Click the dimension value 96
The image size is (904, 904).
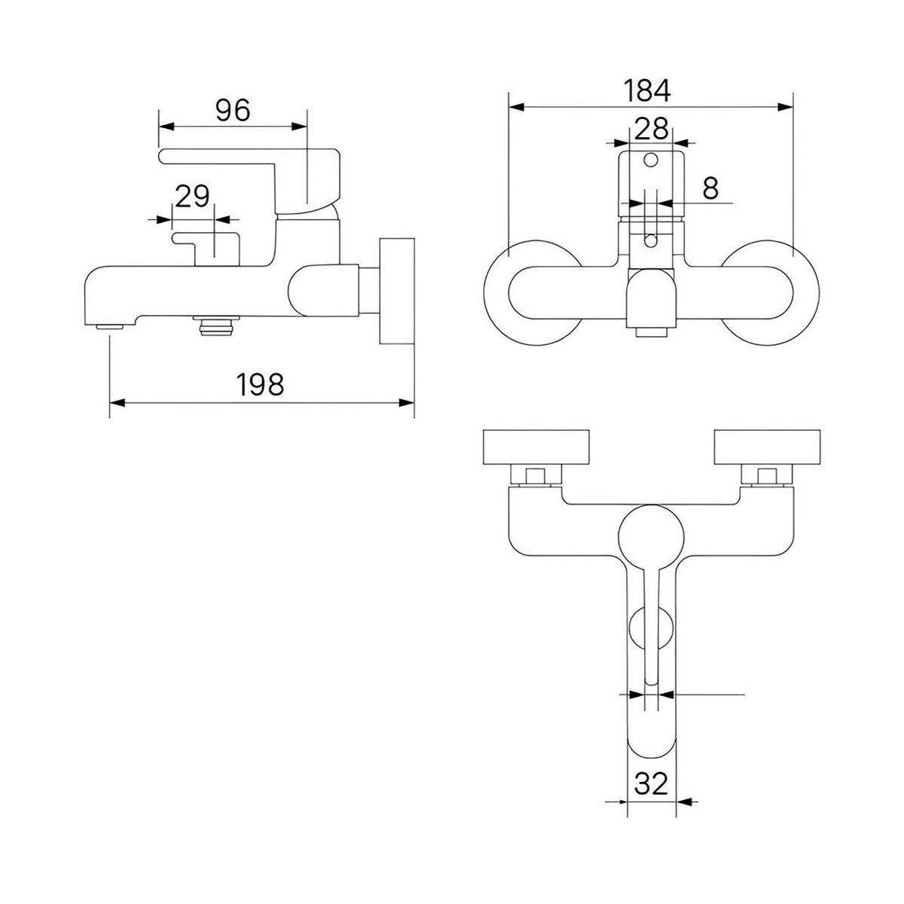232,111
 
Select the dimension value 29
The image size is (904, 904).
192,197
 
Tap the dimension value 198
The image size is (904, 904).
261,385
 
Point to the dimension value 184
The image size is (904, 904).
646,90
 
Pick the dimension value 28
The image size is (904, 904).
651,128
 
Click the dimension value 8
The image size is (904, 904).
710,188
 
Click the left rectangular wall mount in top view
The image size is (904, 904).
536,447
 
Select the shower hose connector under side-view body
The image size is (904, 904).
215,325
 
